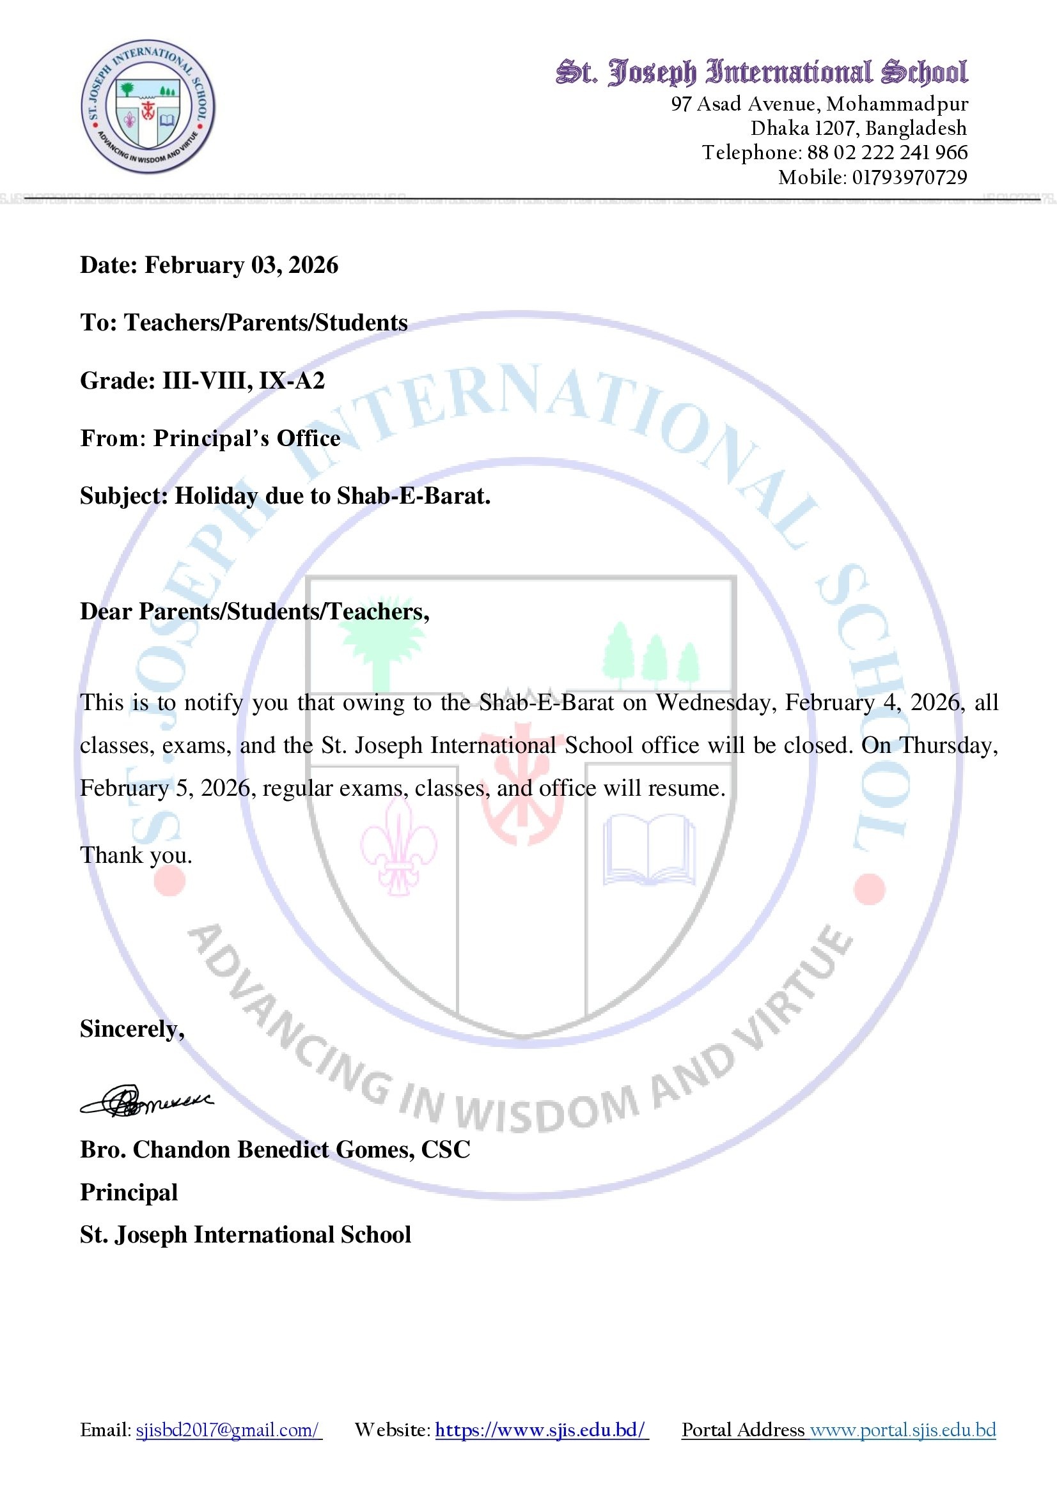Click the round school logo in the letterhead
pyautogui.click(x=148, y=107)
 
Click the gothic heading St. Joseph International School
pyautogui.click(x=762, y=72)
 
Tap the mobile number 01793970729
pyautogui.click(x=909, y=177)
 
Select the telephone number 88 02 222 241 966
pyautogui.click(x=887, y=152)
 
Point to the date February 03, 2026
pyautogui.click(x=241, y=265)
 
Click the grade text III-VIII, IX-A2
pyautogui.click(x=243, y=380)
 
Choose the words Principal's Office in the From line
pyautogui.click(x=246, y=438)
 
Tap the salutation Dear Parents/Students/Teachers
pyautogui.click(x=254, y=612)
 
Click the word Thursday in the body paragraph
pyautogui.click(x=948, y=745)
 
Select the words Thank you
pyautogui.click(x=136, y=855)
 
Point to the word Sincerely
pyautogui.click(x=132, y=1029)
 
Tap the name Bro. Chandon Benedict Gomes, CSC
pyautogui.click(x=274, y=1150)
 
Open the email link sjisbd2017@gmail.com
pyautogui.click(x=228, y=1430)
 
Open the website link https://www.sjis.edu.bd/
pyautogui.click(x=541, y=1430)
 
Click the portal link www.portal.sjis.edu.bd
pyautogui.click(x=903, y=1430)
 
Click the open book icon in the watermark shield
pyautogui.click(x=648, y=849)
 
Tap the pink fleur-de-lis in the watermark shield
pyautogui.click(x=398, y=846)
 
